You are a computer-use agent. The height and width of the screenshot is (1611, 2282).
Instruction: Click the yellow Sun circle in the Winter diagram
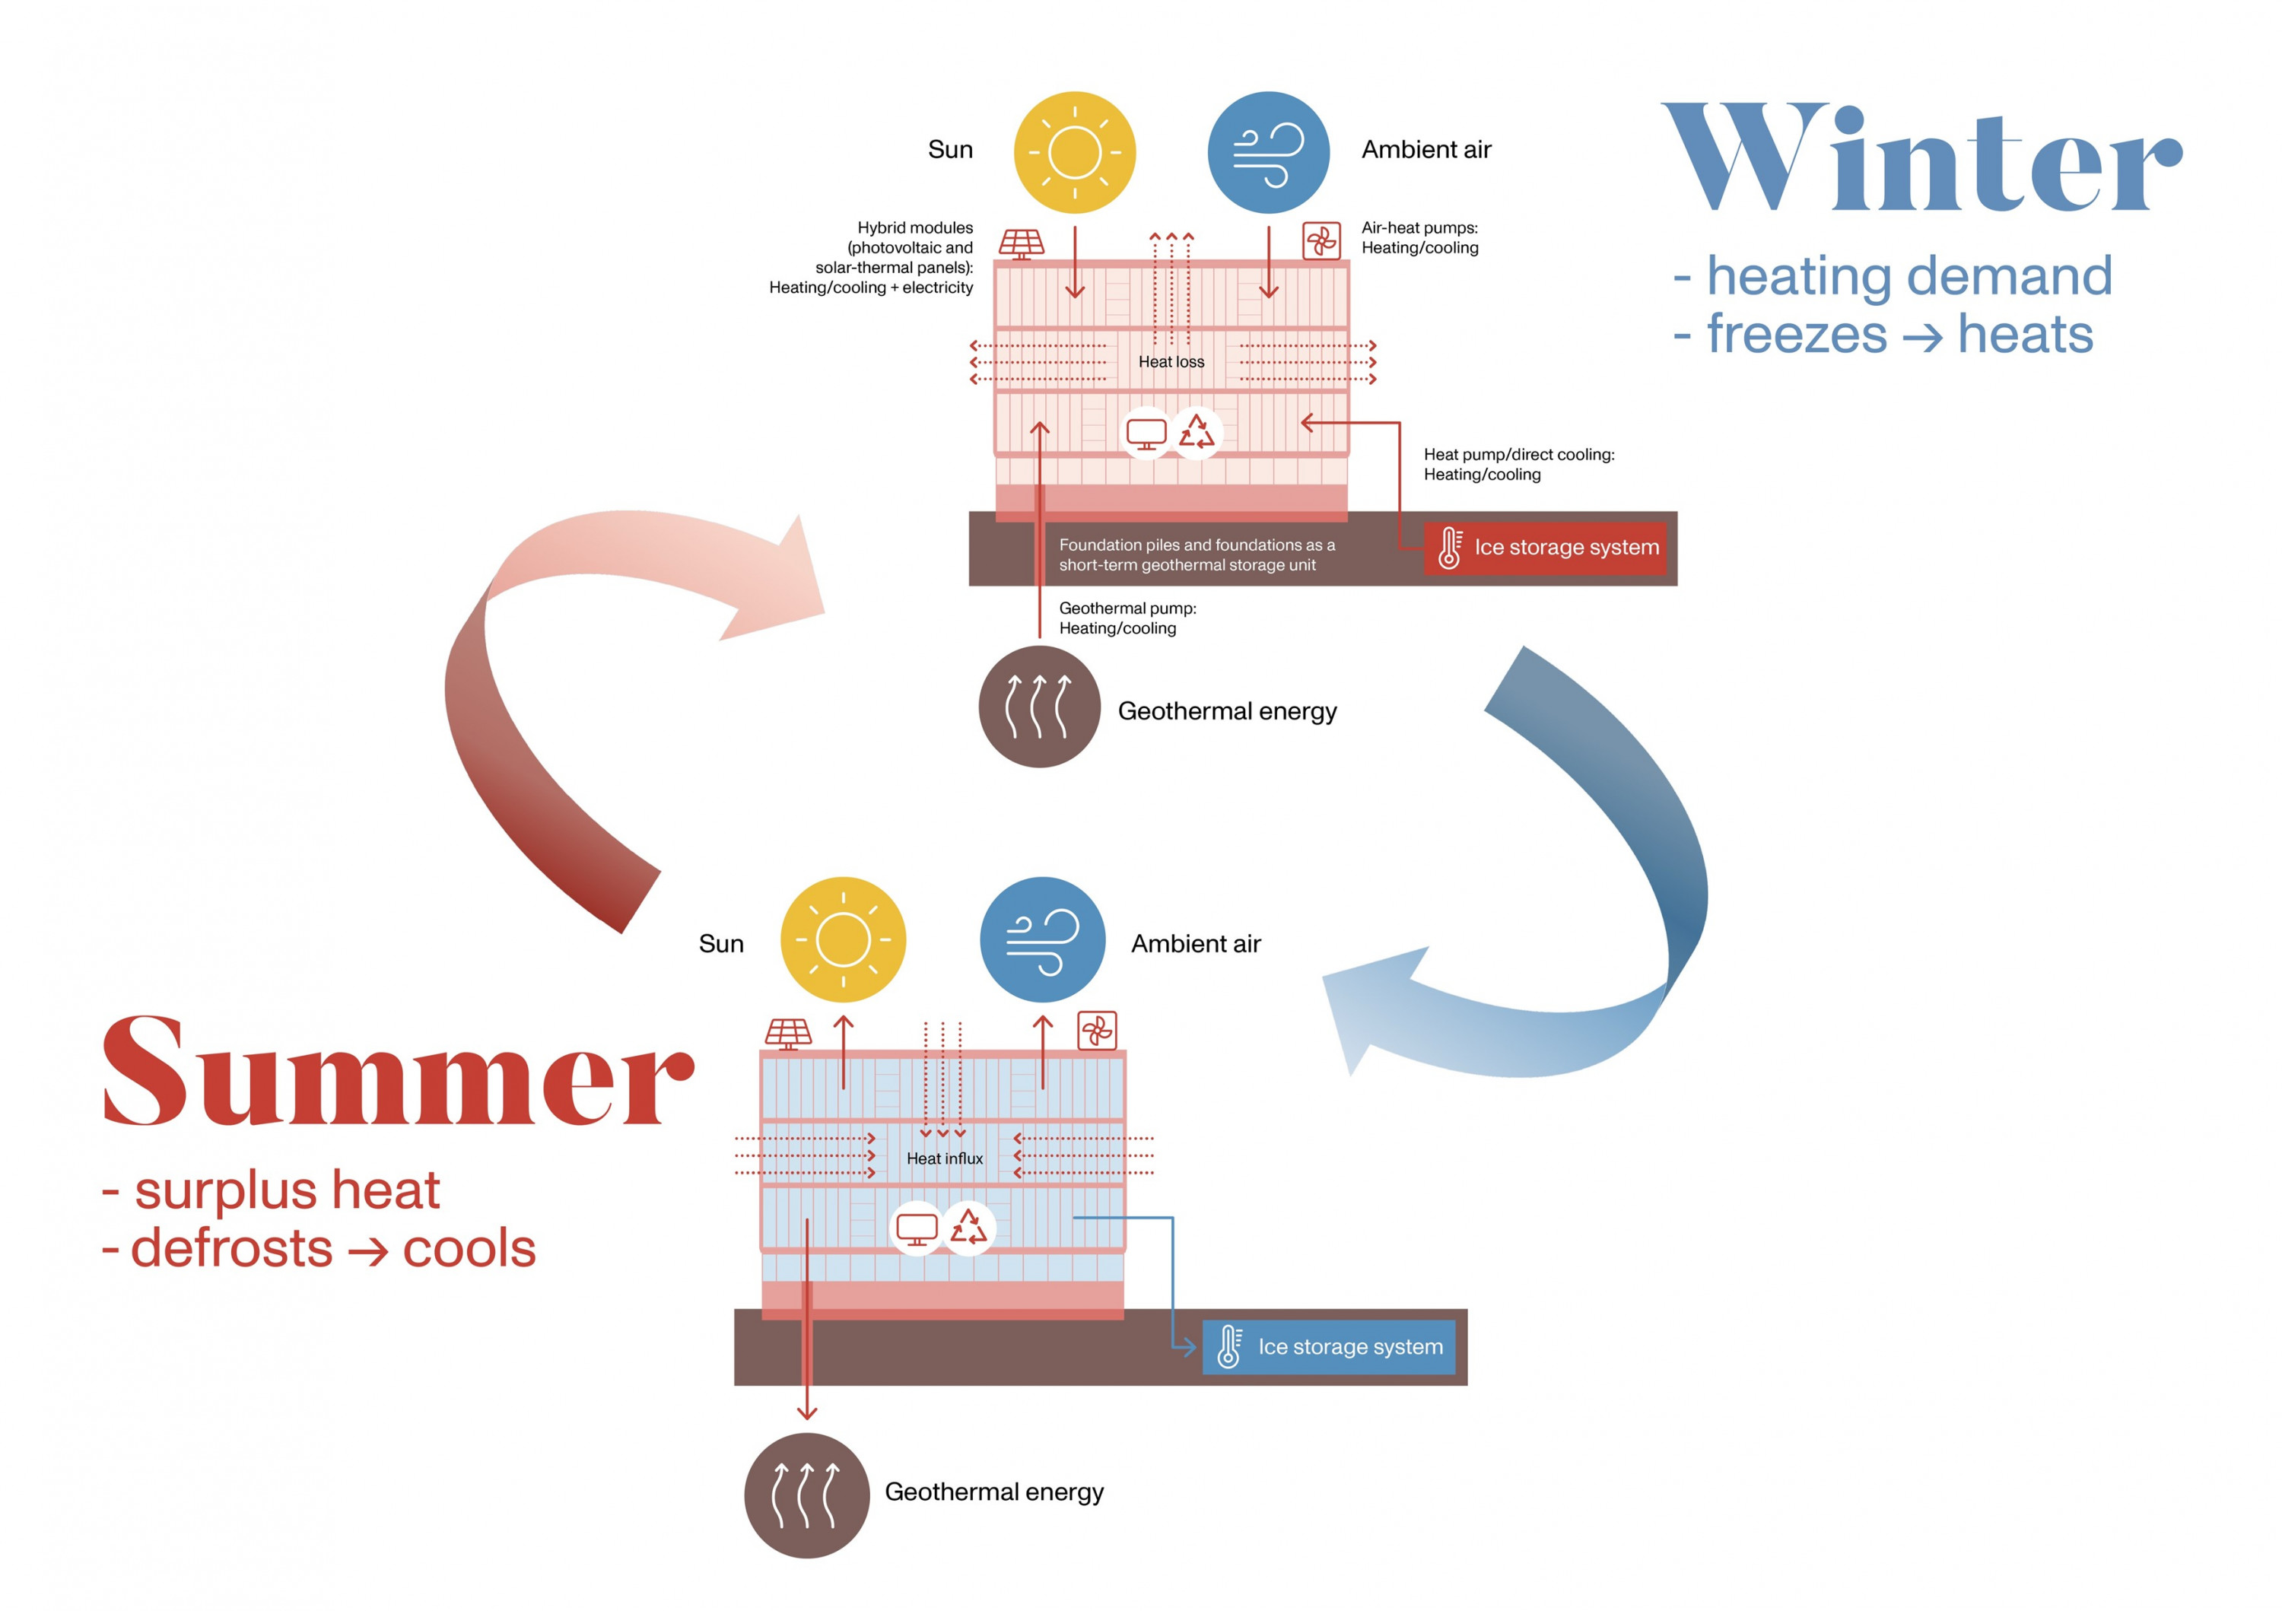pos(1074,152)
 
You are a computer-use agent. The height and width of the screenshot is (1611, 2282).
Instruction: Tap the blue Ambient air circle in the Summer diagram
pos(1043,939)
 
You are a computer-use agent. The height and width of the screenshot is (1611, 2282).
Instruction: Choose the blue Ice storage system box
pos(1329,1346)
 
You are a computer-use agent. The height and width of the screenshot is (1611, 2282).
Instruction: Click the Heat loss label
pos(1171,362)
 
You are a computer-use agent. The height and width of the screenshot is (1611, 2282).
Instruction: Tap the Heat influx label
pos(944,1158)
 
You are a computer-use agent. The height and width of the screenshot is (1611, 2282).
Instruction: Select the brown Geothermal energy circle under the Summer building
pos(806,1495)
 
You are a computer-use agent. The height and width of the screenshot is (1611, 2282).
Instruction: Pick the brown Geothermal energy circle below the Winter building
pos(1040,707)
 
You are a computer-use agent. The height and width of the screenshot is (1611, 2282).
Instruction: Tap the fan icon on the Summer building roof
pos(1098,1031)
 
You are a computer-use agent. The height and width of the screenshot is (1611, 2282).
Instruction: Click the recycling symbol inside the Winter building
pos(1197,432)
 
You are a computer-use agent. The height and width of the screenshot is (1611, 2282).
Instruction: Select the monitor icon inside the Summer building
pos(917,1229)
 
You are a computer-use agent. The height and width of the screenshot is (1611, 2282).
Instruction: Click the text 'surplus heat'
pos(288,1190)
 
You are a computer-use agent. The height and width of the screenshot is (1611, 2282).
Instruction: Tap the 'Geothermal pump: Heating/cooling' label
pos(1128,618)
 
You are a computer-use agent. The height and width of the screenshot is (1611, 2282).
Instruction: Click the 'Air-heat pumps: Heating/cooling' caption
pos(1420,237)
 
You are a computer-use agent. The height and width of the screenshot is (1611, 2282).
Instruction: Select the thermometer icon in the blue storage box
pos(1229,1346)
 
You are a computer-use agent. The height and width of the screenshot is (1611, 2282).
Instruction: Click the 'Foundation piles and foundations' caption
pos(1197,554)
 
